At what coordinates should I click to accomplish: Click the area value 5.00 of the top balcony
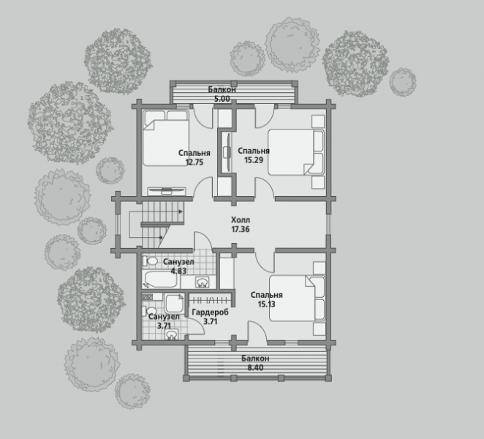[x=222, y=99]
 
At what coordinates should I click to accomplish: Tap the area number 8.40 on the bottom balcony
[x=255, y=367]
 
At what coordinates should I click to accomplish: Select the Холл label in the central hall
[x=241, y=220]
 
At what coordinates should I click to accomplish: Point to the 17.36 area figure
[x=241, y=229]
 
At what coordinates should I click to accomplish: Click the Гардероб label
[x=211, y=312]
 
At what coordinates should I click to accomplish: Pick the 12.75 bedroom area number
[x=194, y=162]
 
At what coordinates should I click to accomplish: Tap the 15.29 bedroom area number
[x=254, y=160]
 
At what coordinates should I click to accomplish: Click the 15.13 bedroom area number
[x=266, y=304]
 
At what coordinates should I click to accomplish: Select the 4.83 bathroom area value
[x=178, y=271]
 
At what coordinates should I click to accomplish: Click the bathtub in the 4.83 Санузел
[x=160, y=279]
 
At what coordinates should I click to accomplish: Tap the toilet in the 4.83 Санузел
[x=150, y=261]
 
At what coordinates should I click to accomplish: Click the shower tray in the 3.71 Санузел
[x=174, y=303]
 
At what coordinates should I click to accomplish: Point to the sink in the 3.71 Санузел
[x=172, y=334]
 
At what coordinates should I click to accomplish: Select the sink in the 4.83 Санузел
[x=203, y=282]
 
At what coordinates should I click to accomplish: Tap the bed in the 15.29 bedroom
[x=295, y=152]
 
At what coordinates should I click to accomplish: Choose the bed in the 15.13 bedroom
[x=298, y=299]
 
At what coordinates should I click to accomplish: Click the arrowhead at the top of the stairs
[x=181, y=211]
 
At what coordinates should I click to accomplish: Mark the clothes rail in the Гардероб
[x=211, y=300]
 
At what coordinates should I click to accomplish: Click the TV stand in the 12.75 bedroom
[x=167, y=191]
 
